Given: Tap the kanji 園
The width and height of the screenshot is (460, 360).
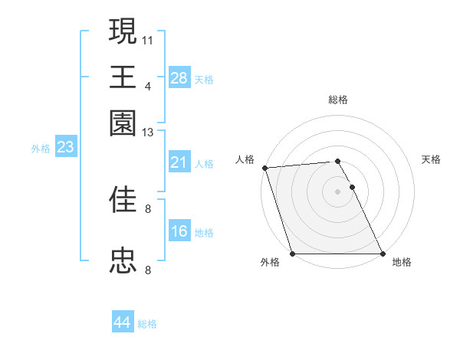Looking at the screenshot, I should click(x=123, y=123).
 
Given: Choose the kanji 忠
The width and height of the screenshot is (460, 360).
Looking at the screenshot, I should click(x=123, y=260).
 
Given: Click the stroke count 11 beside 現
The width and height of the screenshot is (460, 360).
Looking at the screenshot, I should click(x=148, y=39).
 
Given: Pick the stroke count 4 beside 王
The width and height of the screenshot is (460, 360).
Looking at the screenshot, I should click(x=148, y=86).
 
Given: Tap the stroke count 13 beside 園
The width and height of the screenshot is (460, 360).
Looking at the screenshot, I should click(x=148, y=133).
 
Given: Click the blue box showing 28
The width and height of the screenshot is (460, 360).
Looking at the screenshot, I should click(x=179, y=77).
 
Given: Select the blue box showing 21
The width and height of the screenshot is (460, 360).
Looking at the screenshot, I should click(x=179, y=162).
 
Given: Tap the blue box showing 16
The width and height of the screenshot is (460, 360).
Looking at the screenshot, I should click(x=179, y=231).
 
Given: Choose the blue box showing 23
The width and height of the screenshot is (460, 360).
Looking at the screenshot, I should click(x=65, y=147).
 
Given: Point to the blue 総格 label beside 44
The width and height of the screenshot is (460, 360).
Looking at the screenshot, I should click(x=147, y=324).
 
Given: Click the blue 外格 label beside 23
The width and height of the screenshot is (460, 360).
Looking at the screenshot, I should click(x=41, y=149).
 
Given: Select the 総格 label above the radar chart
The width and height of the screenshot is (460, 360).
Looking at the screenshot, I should click(x=337, y=100).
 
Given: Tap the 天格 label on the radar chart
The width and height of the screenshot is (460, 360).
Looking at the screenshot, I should click(x=432, y=159).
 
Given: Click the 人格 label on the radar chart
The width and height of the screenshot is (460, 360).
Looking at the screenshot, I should click(x=245, y=159).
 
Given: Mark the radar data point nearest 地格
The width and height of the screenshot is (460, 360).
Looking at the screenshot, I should click(x=382, y=254).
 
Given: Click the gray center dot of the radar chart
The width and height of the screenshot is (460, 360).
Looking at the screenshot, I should click(x=337, y=191).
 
